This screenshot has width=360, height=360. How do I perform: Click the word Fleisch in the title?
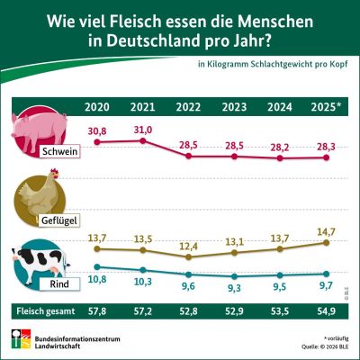(133, 17)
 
